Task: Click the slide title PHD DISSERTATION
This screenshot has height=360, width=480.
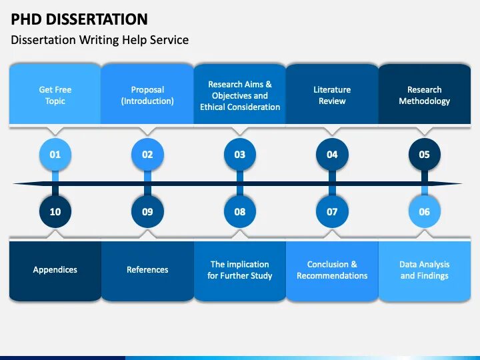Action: tap(79, 19)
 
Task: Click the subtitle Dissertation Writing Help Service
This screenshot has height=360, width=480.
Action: tap(99, 40)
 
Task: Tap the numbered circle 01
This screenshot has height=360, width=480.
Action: tap(55, 155)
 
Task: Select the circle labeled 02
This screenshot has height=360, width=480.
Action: tap(147, 155)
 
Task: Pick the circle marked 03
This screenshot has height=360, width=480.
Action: tap(240, 155)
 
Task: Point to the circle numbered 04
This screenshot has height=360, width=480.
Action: tap(332, 155)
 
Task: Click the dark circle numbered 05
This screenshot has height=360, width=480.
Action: tap(425, 155)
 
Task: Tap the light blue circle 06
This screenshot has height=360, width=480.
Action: tap(425, 212)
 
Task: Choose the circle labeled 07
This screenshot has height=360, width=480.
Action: tap(332, 212)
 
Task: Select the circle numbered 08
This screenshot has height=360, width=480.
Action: tap(240, 212)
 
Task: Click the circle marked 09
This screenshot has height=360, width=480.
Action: tap(147, 212)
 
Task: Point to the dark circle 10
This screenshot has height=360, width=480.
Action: tap(55, 212)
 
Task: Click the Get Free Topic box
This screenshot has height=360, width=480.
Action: tap(55, 95)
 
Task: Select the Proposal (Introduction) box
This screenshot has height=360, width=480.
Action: tap(147, 95)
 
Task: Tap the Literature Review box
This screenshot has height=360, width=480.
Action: tap(332, 95)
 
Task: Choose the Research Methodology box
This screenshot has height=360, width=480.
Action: tap(425, 95)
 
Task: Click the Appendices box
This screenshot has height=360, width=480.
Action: tap(55, 270)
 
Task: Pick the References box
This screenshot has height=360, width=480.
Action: tap(147, 270)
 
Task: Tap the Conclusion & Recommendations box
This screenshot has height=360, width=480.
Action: tap(332, 270)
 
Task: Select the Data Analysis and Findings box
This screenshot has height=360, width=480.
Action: tap(425, 270)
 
